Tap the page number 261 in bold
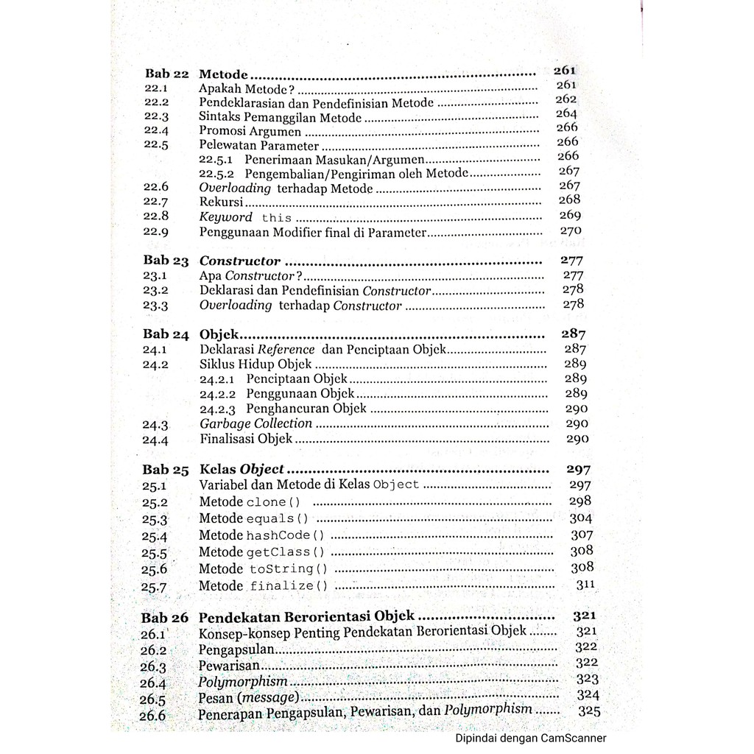pos(564,71)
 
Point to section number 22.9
pos(156,231)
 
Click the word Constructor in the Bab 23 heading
pos(240,261)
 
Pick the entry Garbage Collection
pos(256,423)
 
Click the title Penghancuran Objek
pos(306,408)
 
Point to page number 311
pos(585,585)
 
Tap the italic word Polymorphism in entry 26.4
pos(243,682)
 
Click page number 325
pos(589,711)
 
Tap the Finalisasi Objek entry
pos(246,439)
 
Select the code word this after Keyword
pos(276,218)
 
